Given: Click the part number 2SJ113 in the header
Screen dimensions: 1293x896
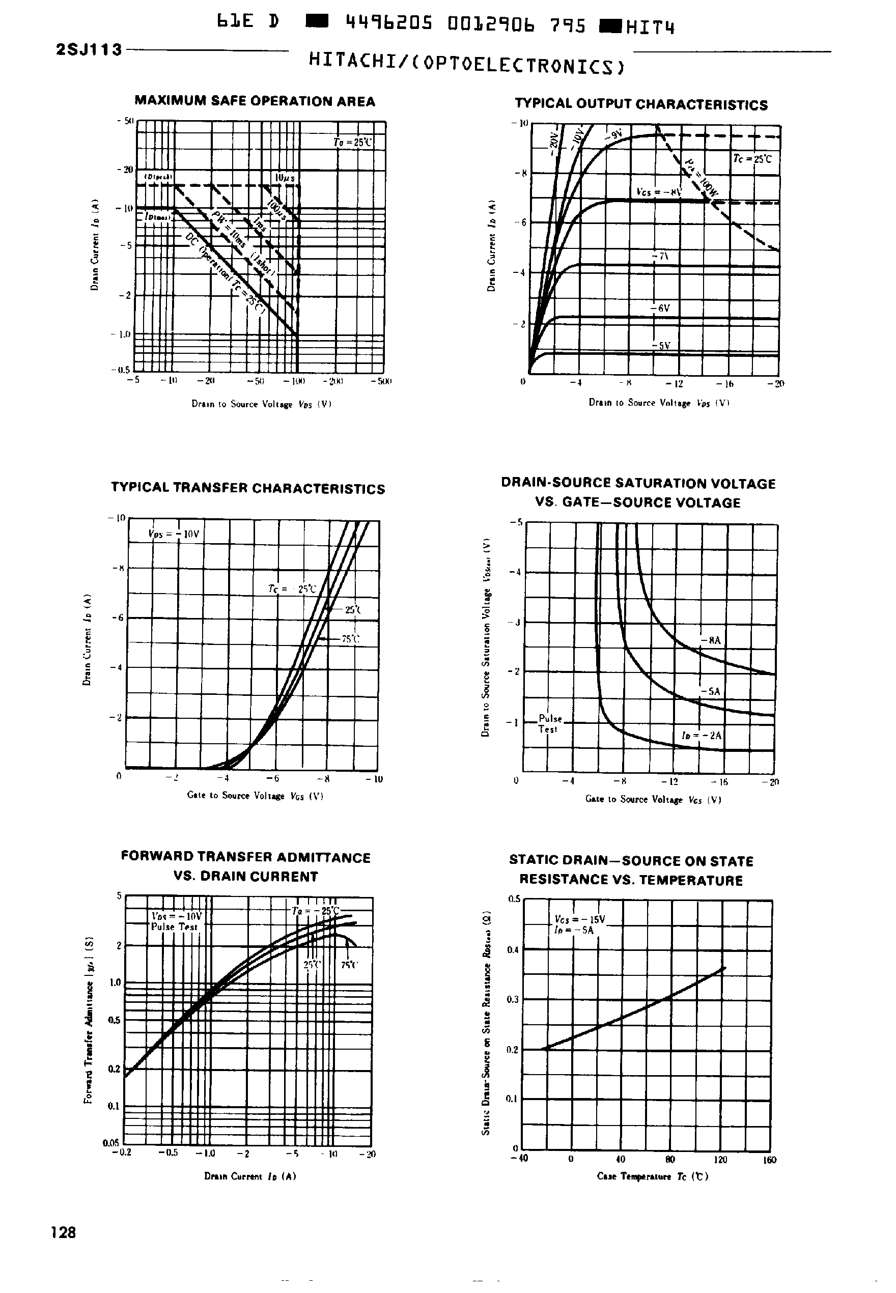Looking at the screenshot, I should point(89,50).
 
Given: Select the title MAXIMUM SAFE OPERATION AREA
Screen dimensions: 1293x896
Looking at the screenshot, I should point(255,102).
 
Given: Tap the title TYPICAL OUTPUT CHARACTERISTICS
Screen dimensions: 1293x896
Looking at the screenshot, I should point(641,105).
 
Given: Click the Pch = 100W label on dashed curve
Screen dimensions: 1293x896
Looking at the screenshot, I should point(702,179).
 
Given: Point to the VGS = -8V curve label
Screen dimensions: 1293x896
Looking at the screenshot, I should point(659,192).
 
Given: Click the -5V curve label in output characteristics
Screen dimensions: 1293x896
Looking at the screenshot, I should point(662,346).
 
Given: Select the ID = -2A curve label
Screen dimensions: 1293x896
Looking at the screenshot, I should point(701,735).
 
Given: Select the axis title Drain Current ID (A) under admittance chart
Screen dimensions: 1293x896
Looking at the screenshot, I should point(250,1176).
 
